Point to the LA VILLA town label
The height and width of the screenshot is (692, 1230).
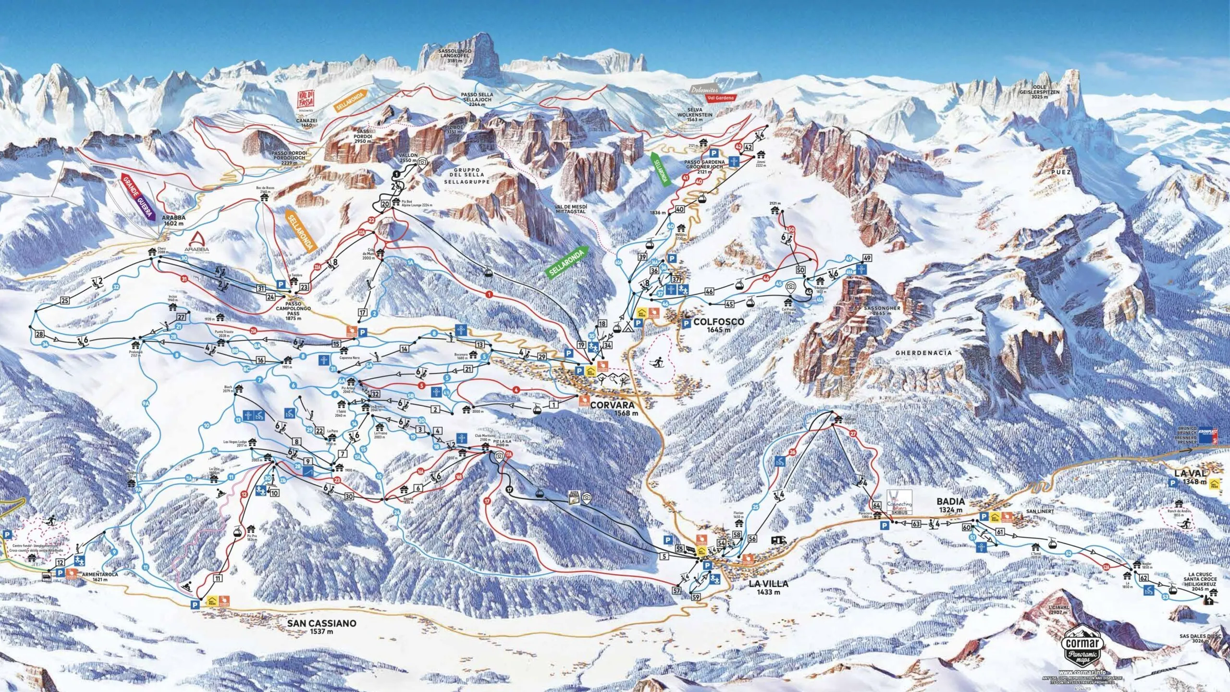768,583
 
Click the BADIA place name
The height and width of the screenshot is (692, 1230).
950,502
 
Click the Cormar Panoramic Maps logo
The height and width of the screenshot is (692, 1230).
1084,649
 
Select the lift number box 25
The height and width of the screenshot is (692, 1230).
65,301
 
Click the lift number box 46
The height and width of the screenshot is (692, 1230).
709,292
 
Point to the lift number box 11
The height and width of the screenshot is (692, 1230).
218,579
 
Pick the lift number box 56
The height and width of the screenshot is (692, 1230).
752,539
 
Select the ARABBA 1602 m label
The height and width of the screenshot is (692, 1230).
173,220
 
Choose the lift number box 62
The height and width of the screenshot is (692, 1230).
1144,592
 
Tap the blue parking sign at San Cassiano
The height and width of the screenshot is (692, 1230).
195,605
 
